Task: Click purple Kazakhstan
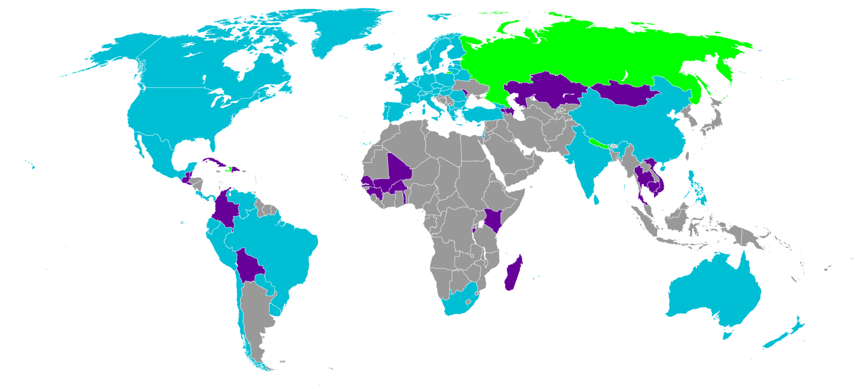pos(543,90)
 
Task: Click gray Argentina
pos(255,313)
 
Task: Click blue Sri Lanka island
pos(597,200)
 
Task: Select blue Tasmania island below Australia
pos(728,335)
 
